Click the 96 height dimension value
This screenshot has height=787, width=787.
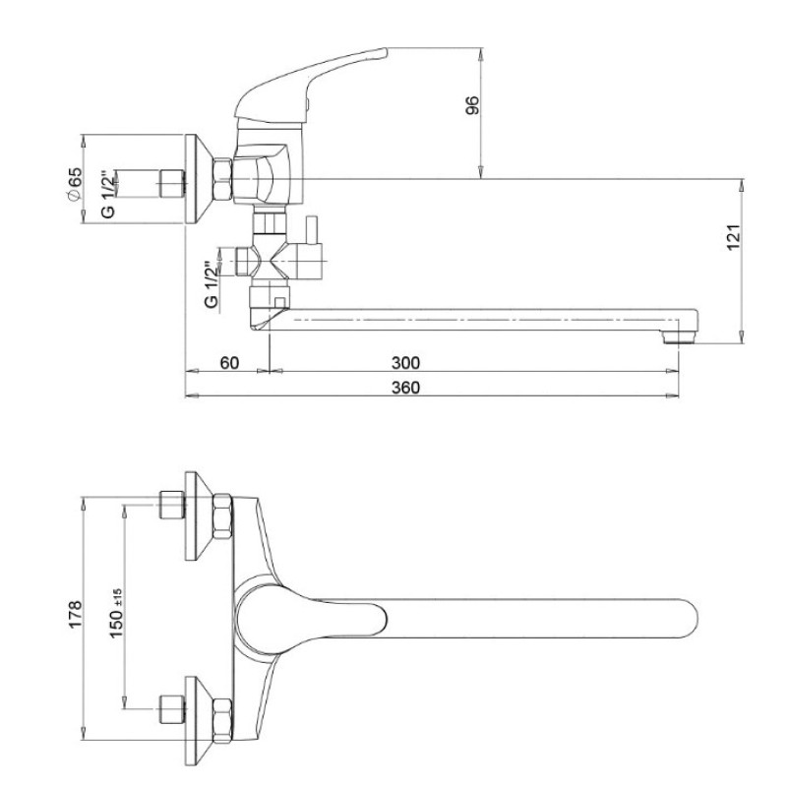pyautogui.click(x=473, y=105)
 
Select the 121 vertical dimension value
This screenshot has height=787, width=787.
pyautogui.click(x=733, y=237)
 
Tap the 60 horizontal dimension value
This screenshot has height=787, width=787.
pyautogui.click(x=229, y=362)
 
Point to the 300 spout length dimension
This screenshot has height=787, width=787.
pyautogui.click(x=405, y=362)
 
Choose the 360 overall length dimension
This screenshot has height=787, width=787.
pyautogui.click(x=405, y=388)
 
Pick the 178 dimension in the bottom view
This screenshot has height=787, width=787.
pyautogui.click(x=76, y=614)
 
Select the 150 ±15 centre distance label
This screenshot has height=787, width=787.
pyautogui.click(x=116, y=613)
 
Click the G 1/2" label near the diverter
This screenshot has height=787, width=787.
pyautogui.click(x=212, y=284)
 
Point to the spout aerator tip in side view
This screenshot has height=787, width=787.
pyautogui.click(x=680, y=336)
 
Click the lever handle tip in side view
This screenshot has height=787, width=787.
pyautogui.click(x=383, y=52)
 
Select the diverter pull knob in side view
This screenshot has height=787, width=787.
pyautogui.click(x=312, y=229)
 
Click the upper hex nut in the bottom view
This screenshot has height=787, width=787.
pyautogui.click(x=222, y=515)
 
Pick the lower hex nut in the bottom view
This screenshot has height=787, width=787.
pyautogui.click(x=222, y=721)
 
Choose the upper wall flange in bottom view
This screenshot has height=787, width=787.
pyautogui.click(x=200, y=515)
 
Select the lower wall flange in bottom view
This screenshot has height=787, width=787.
pyautogui.click(x=200, y=721)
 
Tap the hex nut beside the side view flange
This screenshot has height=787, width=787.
pyautogui.click(x=223, y=179)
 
